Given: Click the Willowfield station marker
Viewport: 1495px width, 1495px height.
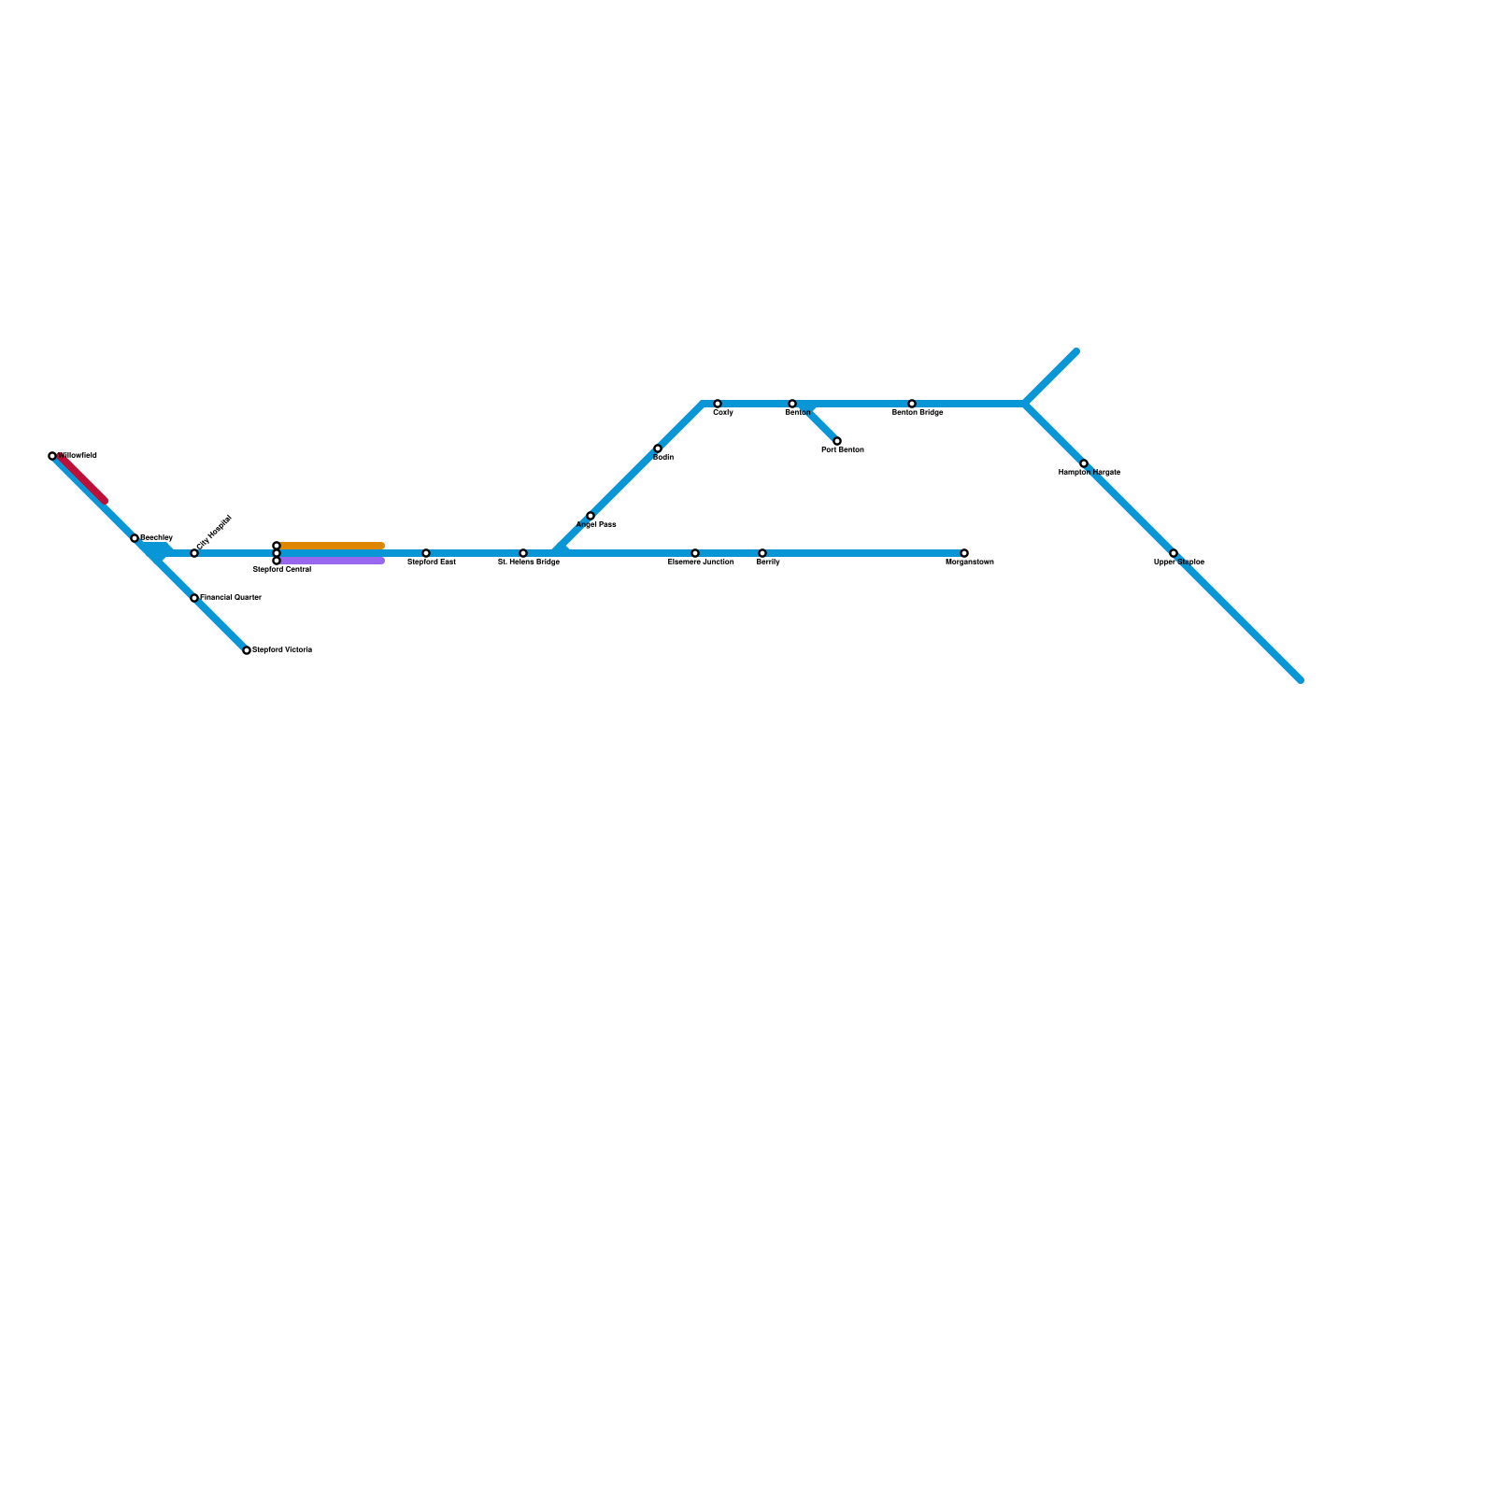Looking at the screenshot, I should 52,456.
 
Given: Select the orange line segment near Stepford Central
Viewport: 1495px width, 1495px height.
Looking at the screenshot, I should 332,546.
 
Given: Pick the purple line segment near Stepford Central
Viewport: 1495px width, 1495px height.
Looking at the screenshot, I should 332,561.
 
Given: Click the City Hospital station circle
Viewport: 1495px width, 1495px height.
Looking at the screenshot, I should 194,553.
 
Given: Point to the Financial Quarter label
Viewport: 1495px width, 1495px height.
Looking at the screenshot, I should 231,597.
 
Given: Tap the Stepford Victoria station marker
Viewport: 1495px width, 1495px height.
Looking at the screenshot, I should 247,650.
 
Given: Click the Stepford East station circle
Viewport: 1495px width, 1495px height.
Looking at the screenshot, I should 426,553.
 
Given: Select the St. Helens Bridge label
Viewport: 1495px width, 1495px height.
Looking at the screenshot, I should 529,562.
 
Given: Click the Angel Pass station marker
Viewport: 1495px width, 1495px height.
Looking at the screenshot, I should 591,516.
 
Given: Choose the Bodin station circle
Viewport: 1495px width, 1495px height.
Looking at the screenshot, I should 658,448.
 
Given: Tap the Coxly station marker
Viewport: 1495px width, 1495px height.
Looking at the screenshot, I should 718,404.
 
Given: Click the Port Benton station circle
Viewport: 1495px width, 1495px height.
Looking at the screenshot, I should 837,441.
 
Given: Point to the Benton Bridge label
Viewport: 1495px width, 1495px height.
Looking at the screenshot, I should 918,412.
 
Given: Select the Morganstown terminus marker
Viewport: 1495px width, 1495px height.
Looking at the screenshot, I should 964,553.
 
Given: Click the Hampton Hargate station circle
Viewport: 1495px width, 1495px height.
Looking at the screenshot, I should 1084,463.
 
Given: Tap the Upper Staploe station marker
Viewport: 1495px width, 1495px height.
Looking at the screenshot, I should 1174,553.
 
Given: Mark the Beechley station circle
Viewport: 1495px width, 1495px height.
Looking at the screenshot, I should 135,538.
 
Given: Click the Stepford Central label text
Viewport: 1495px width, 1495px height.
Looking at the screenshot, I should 282,569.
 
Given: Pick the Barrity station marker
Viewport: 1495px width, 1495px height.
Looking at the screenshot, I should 762,553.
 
